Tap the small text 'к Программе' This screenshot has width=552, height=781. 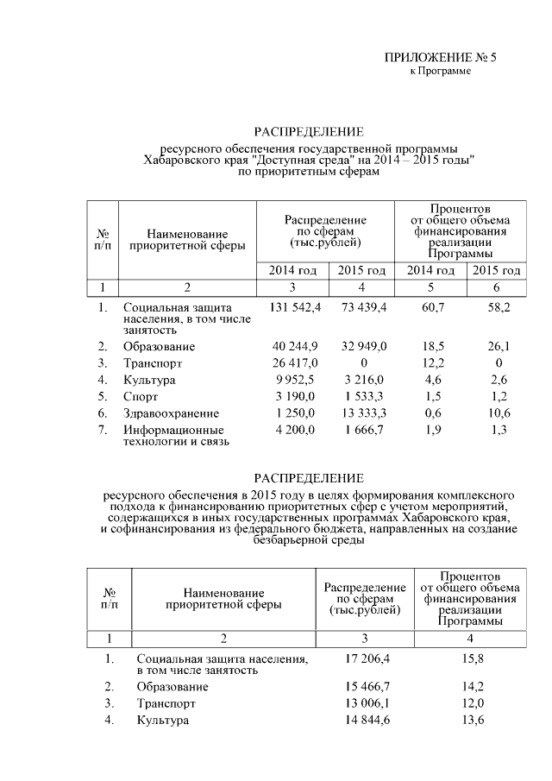pos(440,71)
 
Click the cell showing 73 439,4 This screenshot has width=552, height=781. pos(362,307)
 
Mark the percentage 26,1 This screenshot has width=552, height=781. pos(495,347)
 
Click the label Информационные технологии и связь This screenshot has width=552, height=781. pos(172,436)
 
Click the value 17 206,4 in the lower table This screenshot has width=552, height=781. pos(366,658)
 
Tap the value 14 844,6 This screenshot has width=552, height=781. pos(366,720)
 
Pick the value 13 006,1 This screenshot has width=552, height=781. pos(366,703)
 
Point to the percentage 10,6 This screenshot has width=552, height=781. pos(495,413)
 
